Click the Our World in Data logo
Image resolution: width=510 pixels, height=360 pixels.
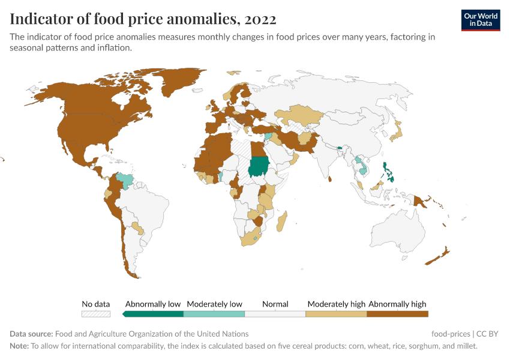(480, 20)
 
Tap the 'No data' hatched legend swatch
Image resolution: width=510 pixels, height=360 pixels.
(96, 313)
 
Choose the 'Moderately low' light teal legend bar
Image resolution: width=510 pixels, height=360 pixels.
(214, 313)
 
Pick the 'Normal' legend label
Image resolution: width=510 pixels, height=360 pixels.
(275, 304)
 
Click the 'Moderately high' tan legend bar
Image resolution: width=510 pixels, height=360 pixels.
(336, 313)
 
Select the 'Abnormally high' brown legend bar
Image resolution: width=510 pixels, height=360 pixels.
(397, 313)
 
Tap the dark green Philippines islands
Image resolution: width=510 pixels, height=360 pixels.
(389, 173)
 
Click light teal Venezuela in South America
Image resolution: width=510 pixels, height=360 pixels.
(125, 179)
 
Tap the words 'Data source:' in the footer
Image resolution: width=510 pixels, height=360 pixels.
(31, 334)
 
